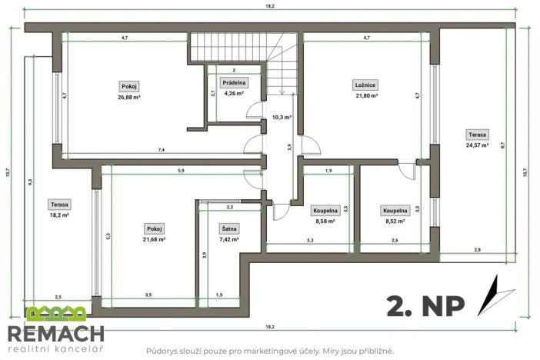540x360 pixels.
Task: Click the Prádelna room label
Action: (x=234, y=82)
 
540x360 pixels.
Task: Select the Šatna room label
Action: (x=229, y=228)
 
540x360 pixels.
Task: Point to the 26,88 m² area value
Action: (x=129, y=97)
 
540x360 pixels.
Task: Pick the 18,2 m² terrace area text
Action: (x=60, y=216)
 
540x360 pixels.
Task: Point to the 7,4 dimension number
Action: (x=161, y=149)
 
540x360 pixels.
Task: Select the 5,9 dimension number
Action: (x=180, y=170)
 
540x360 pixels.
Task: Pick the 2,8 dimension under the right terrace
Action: (x=477, y=250)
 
